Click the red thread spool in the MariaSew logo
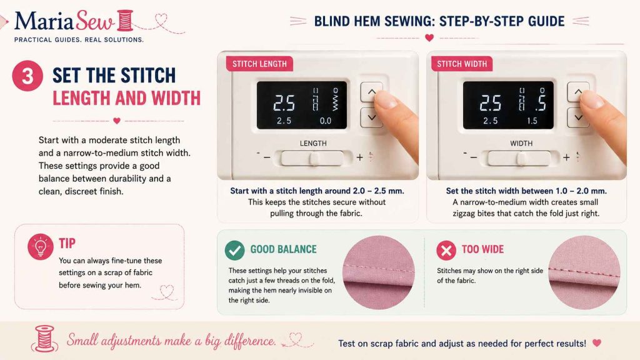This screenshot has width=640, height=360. pyautogui.click(x=125, y=21)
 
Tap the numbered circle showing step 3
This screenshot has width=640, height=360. pyautogui.click(x=27, y=76)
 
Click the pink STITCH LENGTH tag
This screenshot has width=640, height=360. pyautogui.click(x=259, y=64)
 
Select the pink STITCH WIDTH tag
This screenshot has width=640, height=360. pyautogui.click(x=462, y=64)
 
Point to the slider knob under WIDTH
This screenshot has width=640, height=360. pyautogui.click(x=521, y=158)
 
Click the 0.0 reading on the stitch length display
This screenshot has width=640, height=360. pyautogui.click(x=325, y=121)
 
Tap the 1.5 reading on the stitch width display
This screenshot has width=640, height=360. pyautogui.click(x=532, y=121)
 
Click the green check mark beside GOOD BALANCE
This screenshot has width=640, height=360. pyautogui.click(x=235, y=250)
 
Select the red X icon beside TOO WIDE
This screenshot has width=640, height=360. pyautogui.click(x=446, y=250)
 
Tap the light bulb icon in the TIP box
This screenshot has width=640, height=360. pyautogui.click(x=41, y=246)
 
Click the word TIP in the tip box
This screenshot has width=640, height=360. pyautogui.click(x=67, y=243)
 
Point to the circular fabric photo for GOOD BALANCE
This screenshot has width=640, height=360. pyautogui.click(x=378, y=272)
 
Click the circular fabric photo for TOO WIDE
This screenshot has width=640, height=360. pyautogui.click(x=584, y=272)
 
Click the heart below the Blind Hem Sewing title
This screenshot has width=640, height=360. pyautogui.click(x=429, y=37)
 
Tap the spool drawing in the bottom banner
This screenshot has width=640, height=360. pyautogui.click(x=44, y=338)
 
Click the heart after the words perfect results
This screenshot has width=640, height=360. pyautogui.click(x=597, y=343)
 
